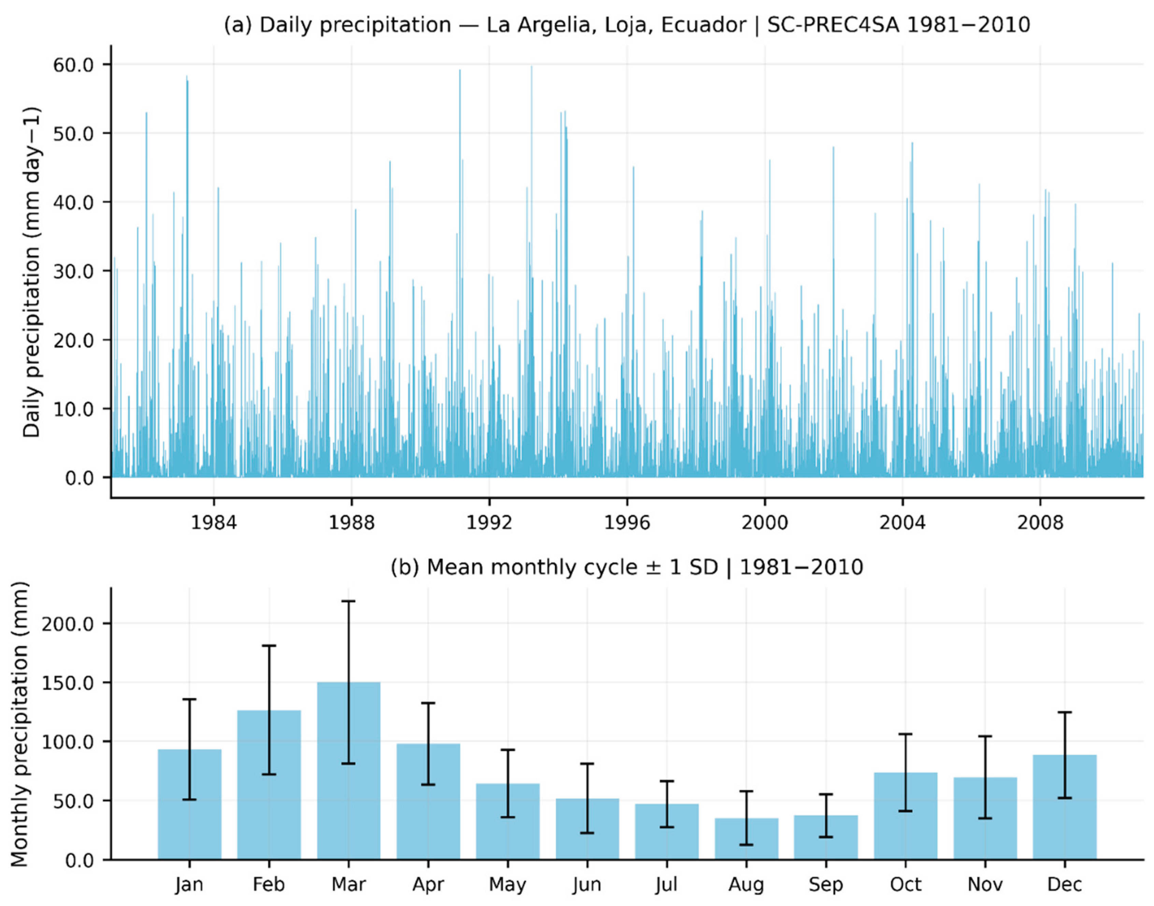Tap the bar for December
[1064, 807]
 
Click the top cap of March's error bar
[348, 601]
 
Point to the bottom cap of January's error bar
[189, 800]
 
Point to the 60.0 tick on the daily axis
[73, 65]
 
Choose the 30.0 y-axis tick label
[73, 271]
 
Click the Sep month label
[826, 885]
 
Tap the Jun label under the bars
[587, 885]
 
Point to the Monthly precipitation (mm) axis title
[19, 724]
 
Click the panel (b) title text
[627, 567]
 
